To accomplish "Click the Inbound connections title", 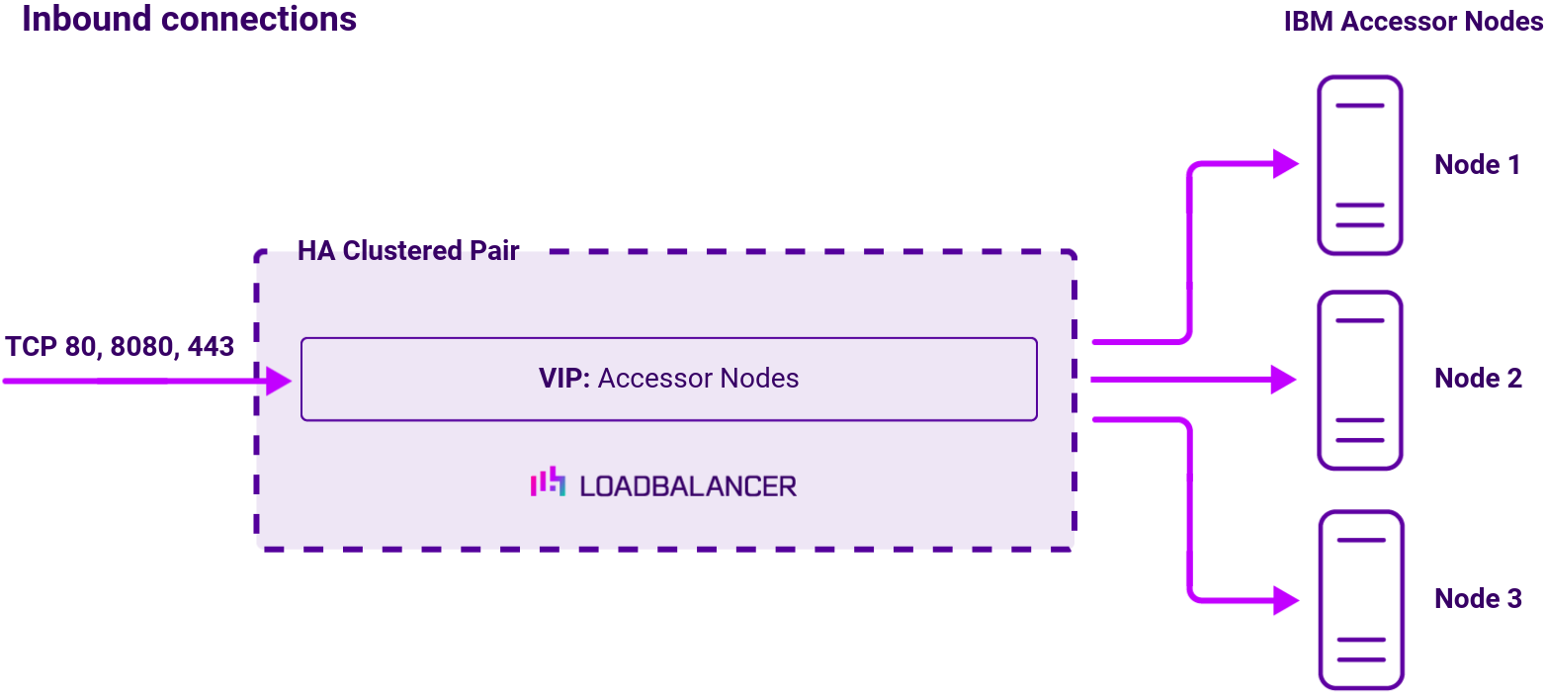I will coord(189,19).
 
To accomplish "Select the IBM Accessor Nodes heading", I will coord(1414,22).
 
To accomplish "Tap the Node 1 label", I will coord(1477,165).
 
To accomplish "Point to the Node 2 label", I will coord(1478,378).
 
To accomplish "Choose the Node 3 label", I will coord(1478,598).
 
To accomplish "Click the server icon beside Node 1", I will coord(1360,165).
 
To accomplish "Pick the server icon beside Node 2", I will coord(1360,380).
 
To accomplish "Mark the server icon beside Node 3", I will coord(1360,599).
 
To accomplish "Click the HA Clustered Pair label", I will coord(408,251).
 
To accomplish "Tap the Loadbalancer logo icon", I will coord(548,482).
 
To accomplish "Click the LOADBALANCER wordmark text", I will coord(688,485).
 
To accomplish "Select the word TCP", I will coord(32,347).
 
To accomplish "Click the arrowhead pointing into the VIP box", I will coord(279,381).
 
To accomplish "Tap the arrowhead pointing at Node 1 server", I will coord(1285,164).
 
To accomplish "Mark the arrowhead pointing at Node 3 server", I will coord(1285,599).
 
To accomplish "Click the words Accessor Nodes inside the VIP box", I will coord(698,379).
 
